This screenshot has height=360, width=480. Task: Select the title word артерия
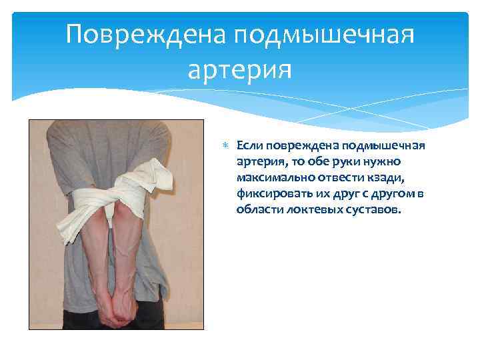(240, 68)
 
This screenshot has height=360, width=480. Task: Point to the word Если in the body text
(250, 145)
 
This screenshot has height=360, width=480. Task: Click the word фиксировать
(271, 193)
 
